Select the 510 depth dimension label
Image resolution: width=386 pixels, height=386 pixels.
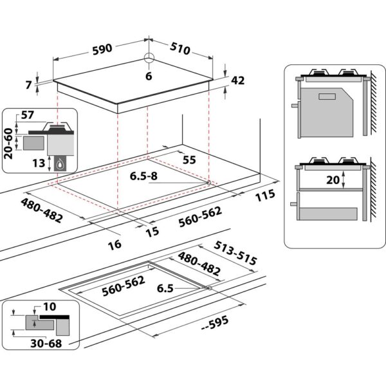tap(183, 48)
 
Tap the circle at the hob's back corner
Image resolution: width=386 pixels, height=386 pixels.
tap(149, 59)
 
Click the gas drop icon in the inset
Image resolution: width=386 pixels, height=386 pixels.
tap(61, 163)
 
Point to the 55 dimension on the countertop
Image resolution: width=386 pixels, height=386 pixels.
tap(189, 159)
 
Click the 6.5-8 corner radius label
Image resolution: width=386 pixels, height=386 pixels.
tap(143, 176)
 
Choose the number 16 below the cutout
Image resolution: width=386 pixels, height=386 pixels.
tap(115, 244)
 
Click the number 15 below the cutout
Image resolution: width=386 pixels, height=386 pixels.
tap(152, 232)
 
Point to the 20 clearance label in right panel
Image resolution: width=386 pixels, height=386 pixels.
tap(332, 181)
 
